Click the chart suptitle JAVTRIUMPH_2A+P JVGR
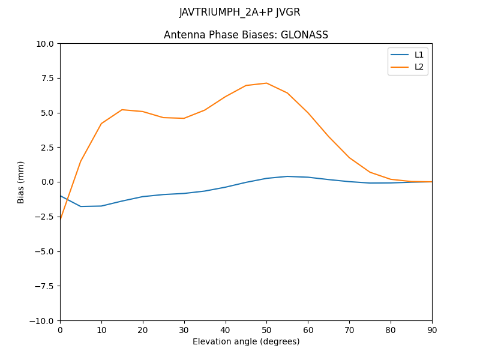click(239, 13)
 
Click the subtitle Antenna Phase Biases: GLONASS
click(246, 35)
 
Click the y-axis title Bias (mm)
click(21, 182)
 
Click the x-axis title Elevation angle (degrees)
click(246, 342)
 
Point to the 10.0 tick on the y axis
click(46, 44)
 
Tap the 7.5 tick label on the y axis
click(48, 78)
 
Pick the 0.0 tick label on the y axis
click(48, 182)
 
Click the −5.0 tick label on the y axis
click(46, 251)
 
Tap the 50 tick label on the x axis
click(266, 329)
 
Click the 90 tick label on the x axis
click(431, 329)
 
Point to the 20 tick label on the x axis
click(143, 329)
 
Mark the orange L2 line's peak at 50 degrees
click(266, 83)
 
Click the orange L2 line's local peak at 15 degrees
click(122, 110)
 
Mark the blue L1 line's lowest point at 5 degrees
click(81, 206)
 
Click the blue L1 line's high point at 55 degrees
click(287, 176)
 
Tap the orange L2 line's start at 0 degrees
click(61, 220)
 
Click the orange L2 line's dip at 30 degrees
click(184, 118)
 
